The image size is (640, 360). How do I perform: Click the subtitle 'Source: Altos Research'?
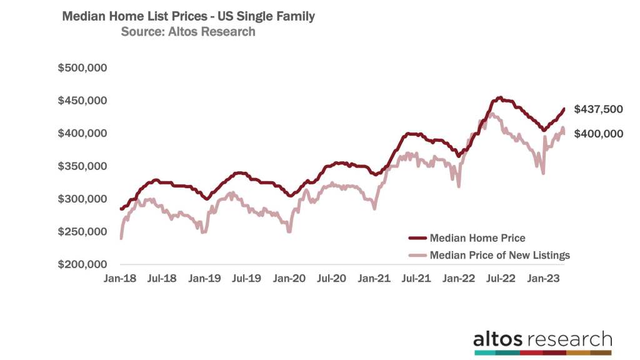(188, 31)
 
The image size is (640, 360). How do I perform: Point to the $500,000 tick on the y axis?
(82, 67)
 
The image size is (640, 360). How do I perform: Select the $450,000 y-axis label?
(82, 101)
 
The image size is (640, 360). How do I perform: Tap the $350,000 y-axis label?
(82, 166)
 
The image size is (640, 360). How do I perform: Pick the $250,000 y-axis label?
(82, 232)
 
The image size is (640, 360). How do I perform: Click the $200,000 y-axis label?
(82, 265)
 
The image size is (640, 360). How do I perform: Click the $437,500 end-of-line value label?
(598, 109)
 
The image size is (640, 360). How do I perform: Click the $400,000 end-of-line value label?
(598, 133)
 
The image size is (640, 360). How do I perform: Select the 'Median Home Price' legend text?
(477, 238)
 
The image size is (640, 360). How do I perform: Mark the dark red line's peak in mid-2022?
(499, 97)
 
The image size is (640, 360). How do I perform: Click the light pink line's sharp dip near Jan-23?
(543, 173)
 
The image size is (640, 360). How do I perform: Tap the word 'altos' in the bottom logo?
(498, 339)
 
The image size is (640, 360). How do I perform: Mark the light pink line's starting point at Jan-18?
(121, 238)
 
